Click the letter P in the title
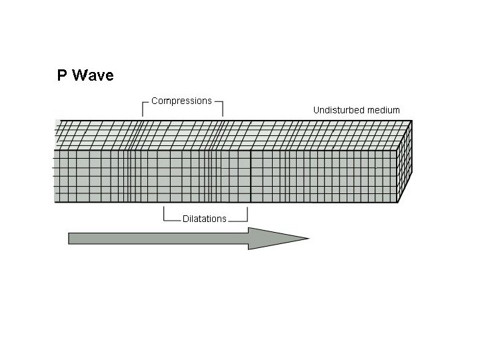(x=62, y=75)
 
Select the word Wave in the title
(x=93, y=75)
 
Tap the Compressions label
(x=181, y=101)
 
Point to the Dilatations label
(x=205, y=219)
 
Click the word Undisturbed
(x=339, y=110)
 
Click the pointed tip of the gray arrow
(x=307, y=238)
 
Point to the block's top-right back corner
(x=412, y=121)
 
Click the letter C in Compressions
(x=155, y=101)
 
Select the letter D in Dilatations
(x=185, y=219)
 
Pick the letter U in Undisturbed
(x=317, y=110)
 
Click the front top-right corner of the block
(x=398, y=149)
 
